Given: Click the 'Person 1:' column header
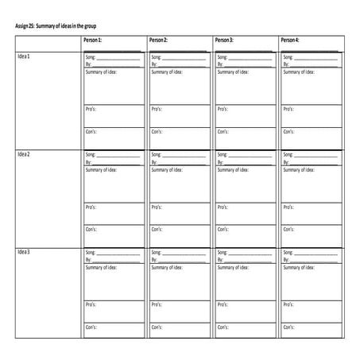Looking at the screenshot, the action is [94, 40].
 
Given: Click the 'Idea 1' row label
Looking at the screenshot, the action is [24, 57].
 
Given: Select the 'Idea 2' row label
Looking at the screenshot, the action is [24, 154].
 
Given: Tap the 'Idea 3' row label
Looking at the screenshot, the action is [24, 252].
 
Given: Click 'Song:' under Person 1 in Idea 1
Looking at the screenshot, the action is [90, 57].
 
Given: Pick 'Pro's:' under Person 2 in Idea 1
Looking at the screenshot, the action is [157, 108].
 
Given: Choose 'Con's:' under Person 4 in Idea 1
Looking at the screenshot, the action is [288, 130].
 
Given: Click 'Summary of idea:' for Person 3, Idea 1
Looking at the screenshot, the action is [232, 72].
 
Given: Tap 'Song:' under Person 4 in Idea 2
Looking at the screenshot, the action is [288, 154].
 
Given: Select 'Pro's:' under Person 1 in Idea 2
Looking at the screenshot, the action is [91, 207].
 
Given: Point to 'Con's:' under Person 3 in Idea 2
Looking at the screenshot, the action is [223, 229].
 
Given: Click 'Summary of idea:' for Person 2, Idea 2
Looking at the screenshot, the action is [166, 169].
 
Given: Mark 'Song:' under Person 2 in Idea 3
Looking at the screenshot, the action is [156, 253].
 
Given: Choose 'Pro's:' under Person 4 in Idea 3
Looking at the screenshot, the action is [288, 304].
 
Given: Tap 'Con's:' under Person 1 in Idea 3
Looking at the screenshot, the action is [91, 327].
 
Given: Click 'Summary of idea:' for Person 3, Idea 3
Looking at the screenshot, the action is [232, 267].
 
